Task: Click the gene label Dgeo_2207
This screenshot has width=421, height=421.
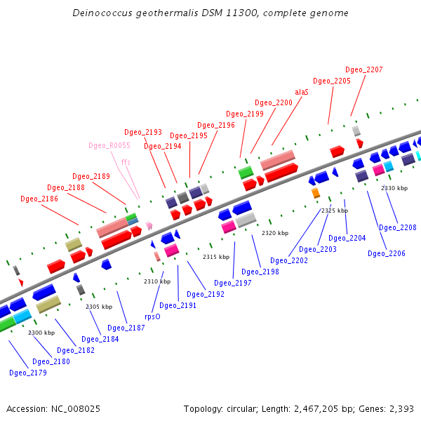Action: tap(364, 70)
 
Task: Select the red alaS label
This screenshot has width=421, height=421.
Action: tap(302, 92)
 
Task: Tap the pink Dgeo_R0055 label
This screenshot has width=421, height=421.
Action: tap(109, 146)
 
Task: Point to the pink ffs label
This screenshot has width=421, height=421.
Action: tap(126, 162)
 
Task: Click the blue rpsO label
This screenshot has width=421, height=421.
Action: tap(152, 316)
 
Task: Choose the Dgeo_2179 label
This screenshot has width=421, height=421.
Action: tap(28, 373)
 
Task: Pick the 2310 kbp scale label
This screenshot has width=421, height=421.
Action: tap(157, 281)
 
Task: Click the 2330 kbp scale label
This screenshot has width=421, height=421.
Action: tap(394, 188)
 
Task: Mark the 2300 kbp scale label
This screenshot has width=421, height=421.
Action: tap(41, 333)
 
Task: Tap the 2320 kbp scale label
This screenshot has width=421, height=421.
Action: tap(275, 233)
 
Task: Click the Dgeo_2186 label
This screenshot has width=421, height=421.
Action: tap(39, 199)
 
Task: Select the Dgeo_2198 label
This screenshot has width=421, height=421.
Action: tap(260, 272)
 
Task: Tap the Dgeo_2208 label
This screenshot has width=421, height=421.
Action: tap(398, 227)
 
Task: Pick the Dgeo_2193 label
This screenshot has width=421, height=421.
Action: tap(143, 132)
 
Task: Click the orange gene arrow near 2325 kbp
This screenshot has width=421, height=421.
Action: tap(316, 193)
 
